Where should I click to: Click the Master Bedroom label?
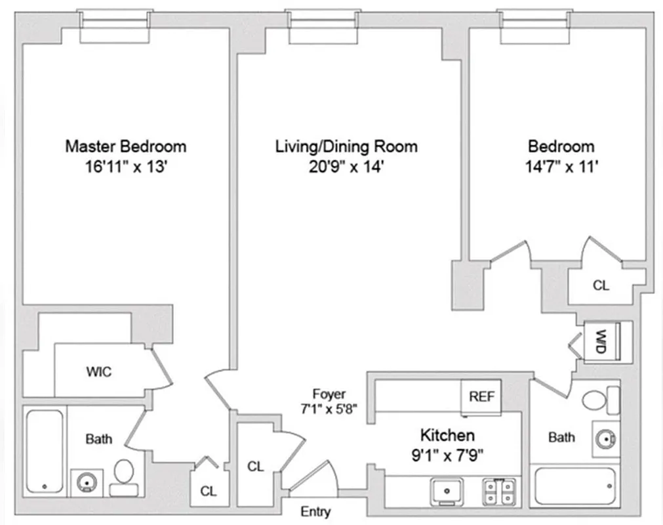click(x=125, y=146)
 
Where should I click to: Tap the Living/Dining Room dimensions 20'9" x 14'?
click(x=346, y=167)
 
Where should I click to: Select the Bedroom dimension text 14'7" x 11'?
click(x=561, y=167)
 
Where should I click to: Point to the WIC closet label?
click(x=98, y=372)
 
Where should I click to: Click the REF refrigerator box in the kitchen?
click(x=482, y=397)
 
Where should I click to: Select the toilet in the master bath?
click(x=124, y=474)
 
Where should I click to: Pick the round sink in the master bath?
click(x=85, y=483)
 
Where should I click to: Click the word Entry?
click(x=315, y=511)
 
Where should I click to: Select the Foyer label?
click(x=329, y=394)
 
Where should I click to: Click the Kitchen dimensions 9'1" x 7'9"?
click(x=447, y=453)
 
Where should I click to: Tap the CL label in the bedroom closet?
click(x=601, y=286)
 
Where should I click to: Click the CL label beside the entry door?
click(x=256, y=467)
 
